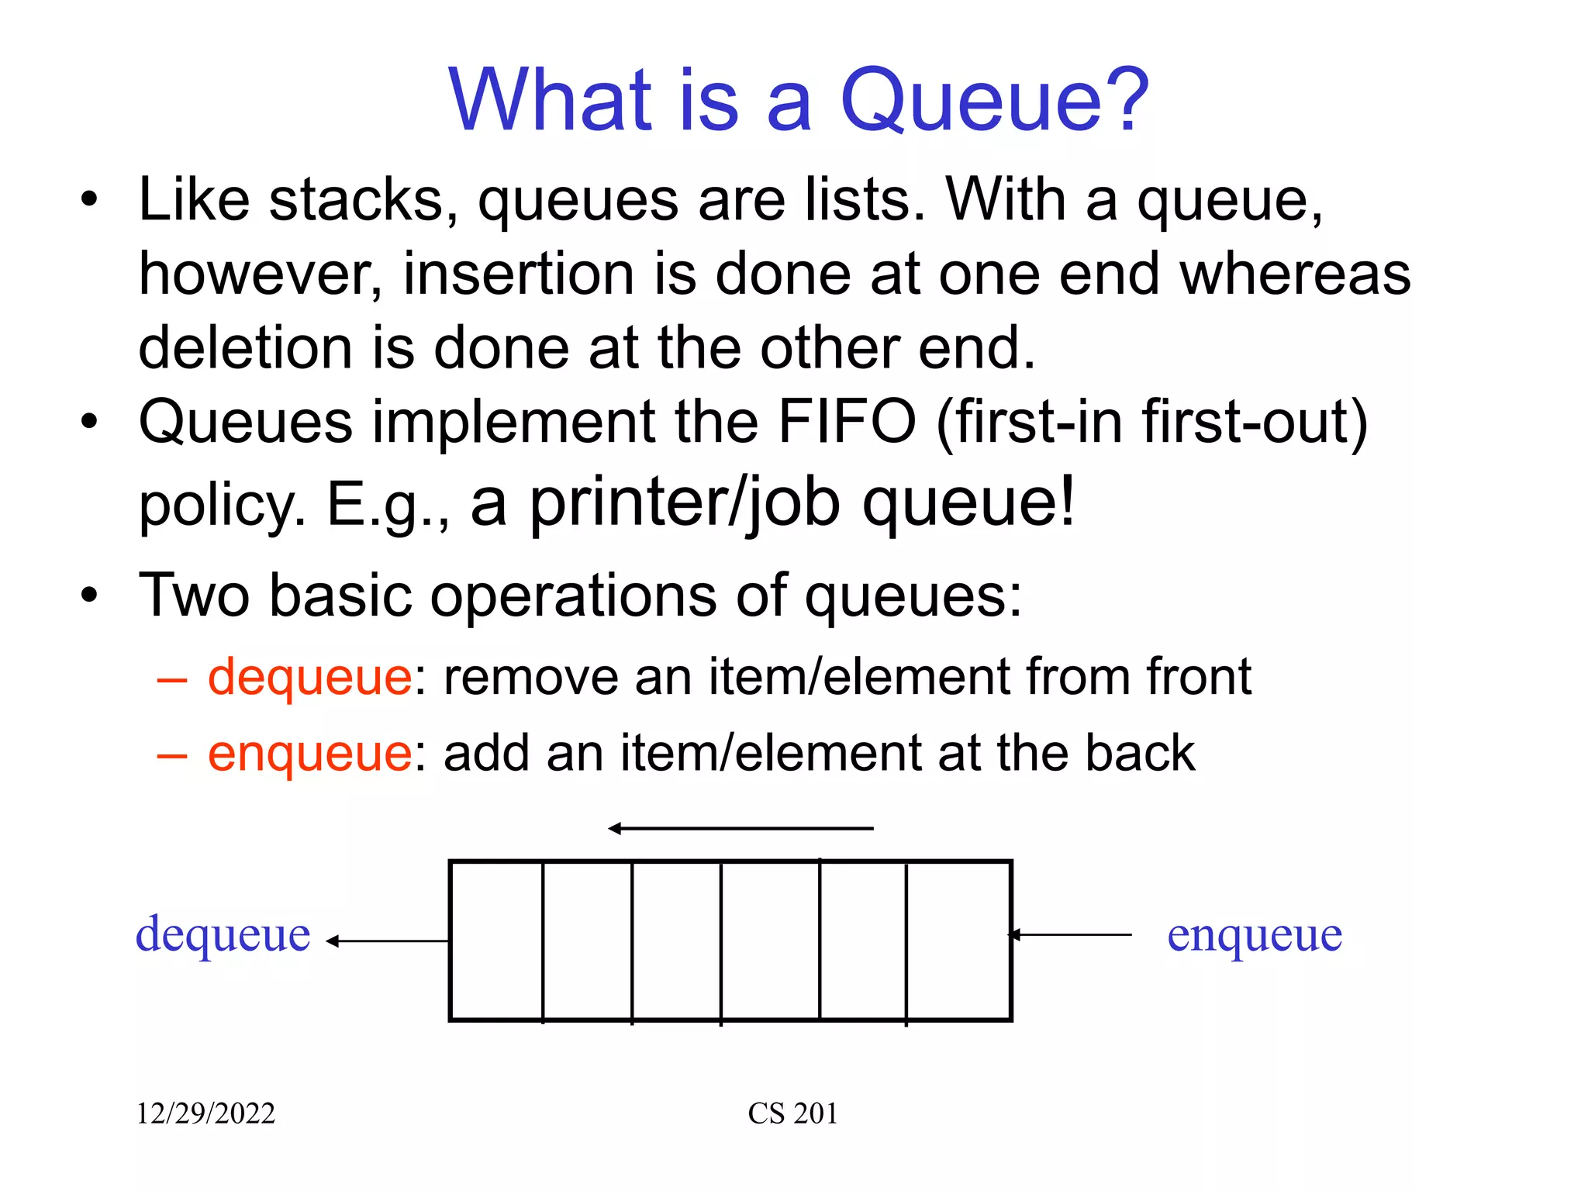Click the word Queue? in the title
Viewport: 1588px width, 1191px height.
994,101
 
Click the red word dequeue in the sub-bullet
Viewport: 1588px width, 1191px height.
309,678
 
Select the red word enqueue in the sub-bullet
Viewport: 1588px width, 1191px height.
309,754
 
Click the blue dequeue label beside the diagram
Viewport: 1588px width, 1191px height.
223,935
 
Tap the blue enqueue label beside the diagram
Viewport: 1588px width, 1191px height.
1255,935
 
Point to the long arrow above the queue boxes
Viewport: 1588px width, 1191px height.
740,829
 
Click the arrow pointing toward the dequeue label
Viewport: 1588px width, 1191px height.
388,941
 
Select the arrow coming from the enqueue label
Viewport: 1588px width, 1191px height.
1070,935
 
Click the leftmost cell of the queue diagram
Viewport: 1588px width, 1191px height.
496,941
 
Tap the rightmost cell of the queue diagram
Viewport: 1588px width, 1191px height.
958,941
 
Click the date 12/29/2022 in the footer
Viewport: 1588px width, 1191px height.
205,1113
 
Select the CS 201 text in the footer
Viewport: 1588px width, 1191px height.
792,1113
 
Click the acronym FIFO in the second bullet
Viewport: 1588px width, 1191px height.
847,422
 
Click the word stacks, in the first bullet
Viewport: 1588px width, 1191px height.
363,200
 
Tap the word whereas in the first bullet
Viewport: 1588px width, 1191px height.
1295,274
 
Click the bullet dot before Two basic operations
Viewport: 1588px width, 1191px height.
90,595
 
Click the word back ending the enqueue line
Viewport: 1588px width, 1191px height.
1140,754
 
